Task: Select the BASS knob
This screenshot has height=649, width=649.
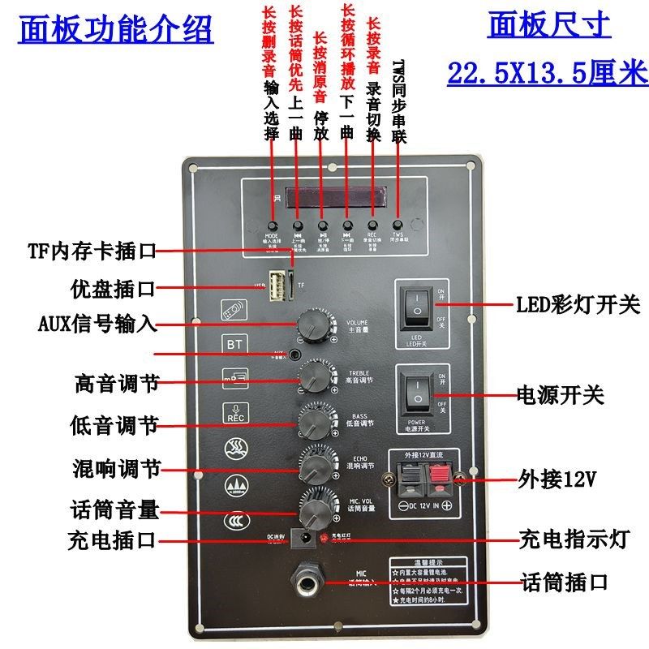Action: point(312,422)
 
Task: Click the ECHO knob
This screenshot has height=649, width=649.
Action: point(312,468)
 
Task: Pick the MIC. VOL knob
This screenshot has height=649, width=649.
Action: point(312,512)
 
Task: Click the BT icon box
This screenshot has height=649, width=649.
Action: point(234,343)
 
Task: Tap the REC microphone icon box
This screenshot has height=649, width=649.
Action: point(234,412)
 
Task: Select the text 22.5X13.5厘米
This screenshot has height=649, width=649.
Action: point(548,73)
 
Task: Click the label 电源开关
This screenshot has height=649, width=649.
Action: point(561,395)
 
